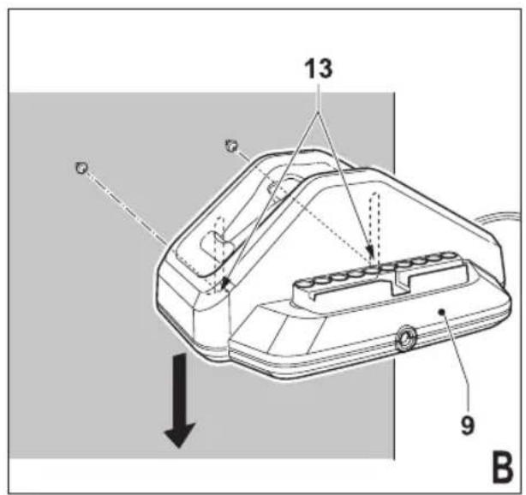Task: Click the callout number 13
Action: [x=319, y=69]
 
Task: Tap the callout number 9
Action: [x=468, y=426]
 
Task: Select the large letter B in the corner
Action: [x=502, y=466]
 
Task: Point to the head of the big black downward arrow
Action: [x=179, y=435]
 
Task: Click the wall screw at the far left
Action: [x=81, y=168]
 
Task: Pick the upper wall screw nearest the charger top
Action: [x=231, y=146]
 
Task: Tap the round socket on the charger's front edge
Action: [x=405, y=339]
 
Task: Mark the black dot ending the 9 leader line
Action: [x=442, y=312]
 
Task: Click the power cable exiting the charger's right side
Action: [x=497, y=218]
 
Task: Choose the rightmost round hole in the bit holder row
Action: [x=446, y=255]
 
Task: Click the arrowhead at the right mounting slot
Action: [x=370, y=251]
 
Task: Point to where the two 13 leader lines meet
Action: [x=319, y=112]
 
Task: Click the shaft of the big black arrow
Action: [x=181, y=389]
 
